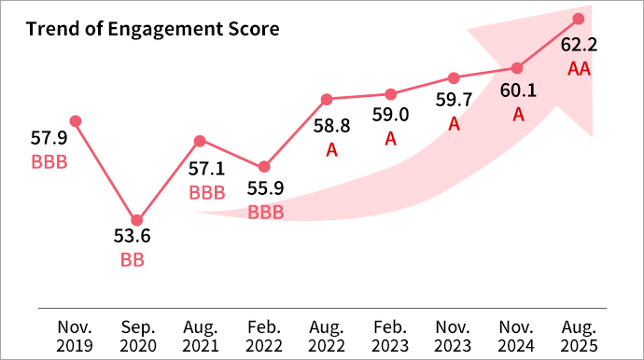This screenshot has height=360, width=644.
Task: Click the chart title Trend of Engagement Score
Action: point(152,29)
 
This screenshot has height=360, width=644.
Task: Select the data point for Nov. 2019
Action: point(76,120)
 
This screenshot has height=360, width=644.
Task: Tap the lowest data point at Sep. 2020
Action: point(137,220)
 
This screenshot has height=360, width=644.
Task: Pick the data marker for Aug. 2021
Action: point(200,141)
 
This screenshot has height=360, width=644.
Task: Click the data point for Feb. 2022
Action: point(264,166)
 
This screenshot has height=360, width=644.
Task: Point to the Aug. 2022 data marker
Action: point(327,99)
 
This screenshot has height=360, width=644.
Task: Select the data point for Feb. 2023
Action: point(391,93)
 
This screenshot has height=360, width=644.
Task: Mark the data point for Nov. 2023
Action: point(454,77)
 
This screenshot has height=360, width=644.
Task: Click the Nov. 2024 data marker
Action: point(517,67)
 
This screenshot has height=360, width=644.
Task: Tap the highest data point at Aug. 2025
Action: point(579,19)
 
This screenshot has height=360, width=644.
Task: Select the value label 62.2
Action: point(580,45)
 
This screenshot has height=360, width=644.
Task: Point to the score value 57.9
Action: point(49,138)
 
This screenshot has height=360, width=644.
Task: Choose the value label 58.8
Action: point(331,126)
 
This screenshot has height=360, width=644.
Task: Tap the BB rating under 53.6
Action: point(133,260)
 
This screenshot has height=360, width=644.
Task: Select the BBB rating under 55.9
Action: point(266,213)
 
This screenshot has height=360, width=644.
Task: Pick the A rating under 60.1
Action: point(518,114)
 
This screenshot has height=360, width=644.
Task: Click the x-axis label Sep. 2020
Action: point(137,336)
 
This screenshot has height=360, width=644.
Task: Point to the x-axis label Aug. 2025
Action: point(579,336)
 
